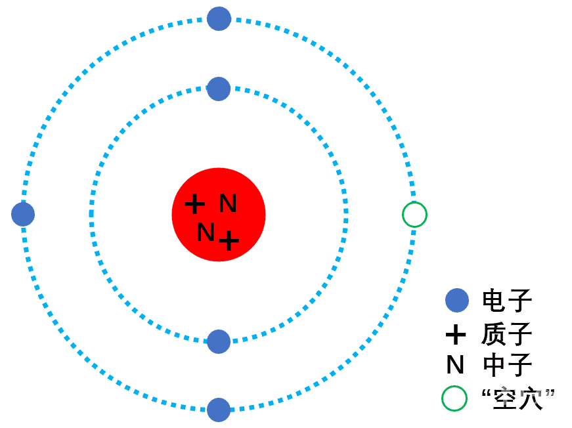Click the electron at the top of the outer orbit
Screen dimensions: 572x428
tap(219, 18)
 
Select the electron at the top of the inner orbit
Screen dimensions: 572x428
tap(219, 89)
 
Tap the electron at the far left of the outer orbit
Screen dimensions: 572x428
tap(23, 215)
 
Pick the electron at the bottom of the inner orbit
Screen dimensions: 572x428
tap(219, 341)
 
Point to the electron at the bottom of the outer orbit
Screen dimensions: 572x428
tap(219, 410)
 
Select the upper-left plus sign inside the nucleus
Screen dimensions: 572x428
tap(195, 203)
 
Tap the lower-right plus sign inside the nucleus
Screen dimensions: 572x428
tap(229, 240)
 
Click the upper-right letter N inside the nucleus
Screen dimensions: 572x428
tap(228, 203)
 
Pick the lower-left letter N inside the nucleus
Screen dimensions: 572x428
tap(206, 232)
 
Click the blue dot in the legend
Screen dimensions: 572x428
tap(457, 301)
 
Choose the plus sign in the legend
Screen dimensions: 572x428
tap(456, 334)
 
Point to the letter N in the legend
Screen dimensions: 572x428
tap(455, 364)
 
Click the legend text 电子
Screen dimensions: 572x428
tap(507, 300)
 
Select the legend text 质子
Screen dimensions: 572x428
tap(507, 334)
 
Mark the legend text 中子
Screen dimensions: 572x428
tap(508, 364)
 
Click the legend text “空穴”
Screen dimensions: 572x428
tap(518, 398)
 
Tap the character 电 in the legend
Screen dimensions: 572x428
tap(494, 300)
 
